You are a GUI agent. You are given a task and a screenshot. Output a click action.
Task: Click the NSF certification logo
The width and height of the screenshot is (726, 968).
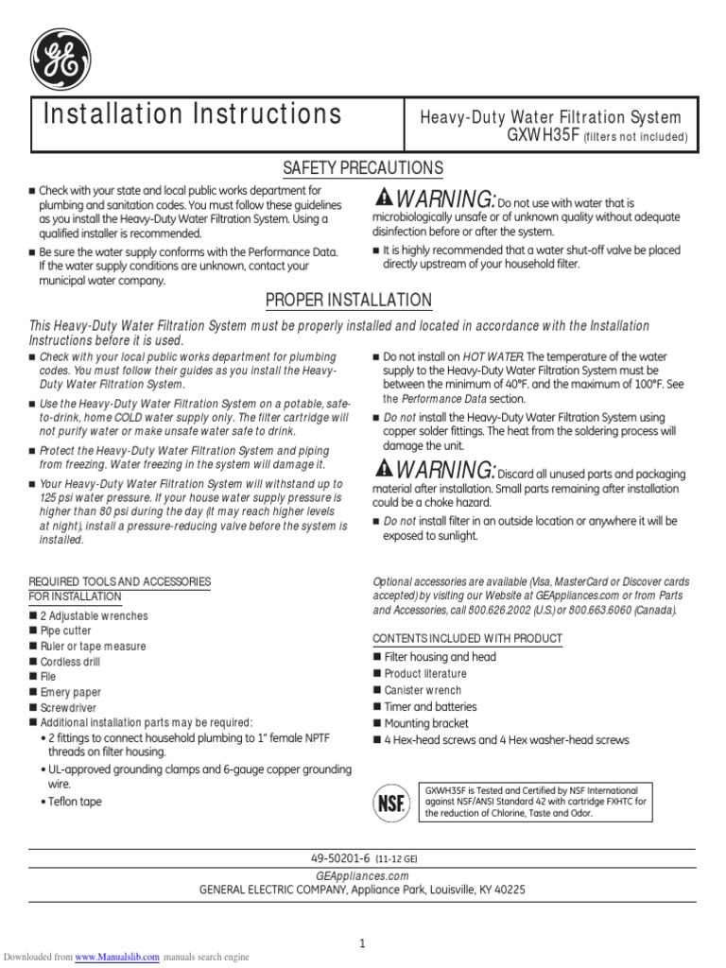(x=388, y=804)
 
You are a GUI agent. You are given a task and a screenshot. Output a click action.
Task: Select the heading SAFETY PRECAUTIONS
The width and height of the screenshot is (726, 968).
(x=363, y=168)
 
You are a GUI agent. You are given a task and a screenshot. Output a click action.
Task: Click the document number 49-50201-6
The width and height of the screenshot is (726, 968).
(x=340, y=858)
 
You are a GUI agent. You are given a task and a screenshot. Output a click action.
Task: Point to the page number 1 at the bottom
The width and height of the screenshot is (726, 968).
(x=363, y=942)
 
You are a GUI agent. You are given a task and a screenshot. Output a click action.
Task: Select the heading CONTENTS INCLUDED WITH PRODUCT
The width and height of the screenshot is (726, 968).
(x=467, y=639)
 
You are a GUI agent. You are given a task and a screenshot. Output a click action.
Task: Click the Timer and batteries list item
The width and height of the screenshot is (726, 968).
(x=430, y=707)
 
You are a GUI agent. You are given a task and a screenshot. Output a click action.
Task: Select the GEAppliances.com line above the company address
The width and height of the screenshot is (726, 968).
(x=362, y=876)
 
